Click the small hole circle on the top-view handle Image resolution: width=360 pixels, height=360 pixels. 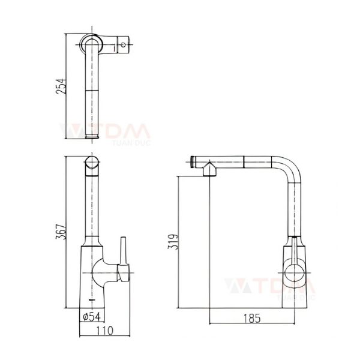[x=125, y=44]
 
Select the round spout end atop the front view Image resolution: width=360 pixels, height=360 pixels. [x=92, y=164]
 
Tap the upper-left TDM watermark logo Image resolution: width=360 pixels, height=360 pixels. [x=105, y=130]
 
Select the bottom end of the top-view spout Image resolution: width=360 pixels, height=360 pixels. [x=92, y=136]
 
